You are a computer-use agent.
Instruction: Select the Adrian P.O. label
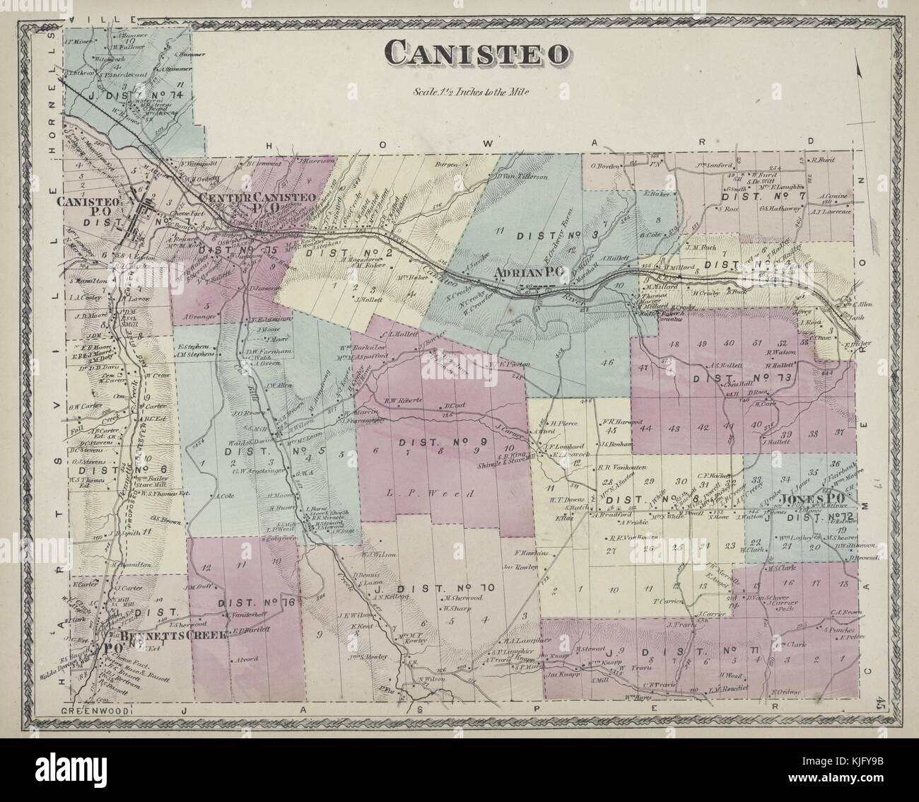click(527, 272)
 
